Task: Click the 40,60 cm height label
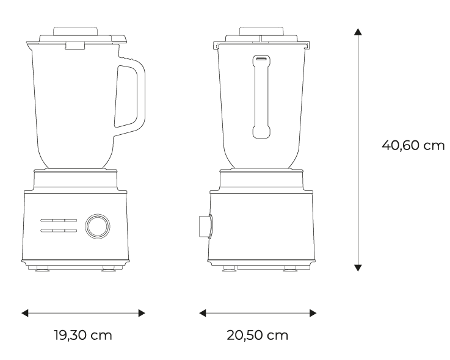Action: coord(413,146)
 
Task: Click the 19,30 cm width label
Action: coord(83,336)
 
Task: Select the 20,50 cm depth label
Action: coord(258,336)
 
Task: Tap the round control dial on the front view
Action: coord(98,225)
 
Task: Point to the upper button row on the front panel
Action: coord(59,220)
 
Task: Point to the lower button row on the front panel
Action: coord(59,231)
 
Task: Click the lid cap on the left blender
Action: coord(75,31)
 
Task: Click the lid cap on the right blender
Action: coord(261,31)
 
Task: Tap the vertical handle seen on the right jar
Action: coord(261,95)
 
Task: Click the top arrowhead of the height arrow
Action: coord(358,32)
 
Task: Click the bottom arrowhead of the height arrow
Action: coord(358,267)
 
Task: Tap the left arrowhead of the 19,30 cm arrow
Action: coord(25,313)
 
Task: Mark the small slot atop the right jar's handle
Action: coord(261,59)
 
